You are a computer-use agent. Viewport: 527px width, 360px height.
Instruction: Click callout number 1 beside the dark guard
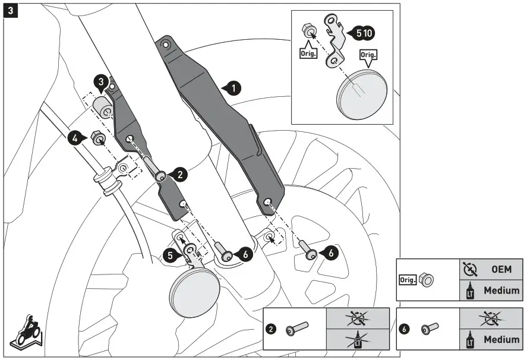[233, 89]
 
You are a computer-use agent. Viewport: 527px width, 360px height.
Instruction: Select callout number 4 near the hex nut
[75, 138]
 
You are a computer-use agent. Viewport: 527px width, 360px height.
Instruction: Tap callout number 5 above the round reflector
[171, 255]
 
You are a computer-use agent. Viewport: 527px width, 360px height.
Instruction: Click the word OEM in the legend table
[501, 269]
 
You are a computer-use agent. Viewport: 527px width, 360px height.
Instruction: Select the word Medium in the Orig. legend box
[501, 291]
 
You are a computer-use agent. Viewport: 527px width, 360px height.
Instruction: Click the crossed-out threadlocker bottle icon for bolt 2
[357, 340]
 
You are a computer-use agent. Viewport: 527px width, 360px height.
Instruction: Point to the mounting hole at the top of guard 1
[166, 45]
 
